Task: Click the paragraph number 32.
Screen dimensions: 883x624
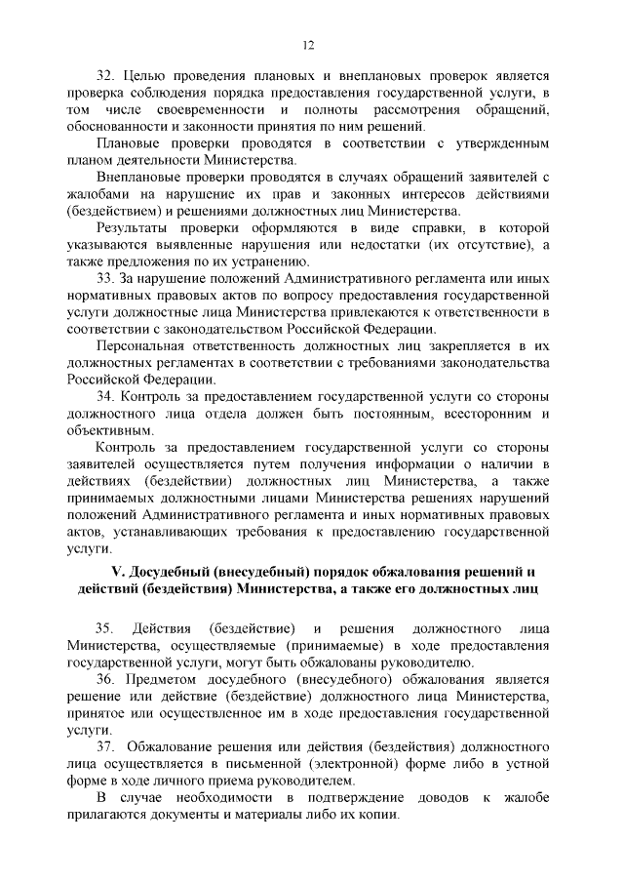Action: (x=106, y=74)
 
